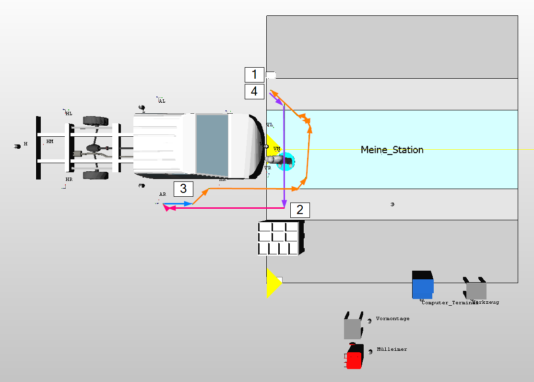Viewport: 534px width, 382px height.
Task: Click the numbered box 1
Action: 254,74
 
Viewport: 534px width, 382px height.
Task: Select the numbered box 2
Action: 300,210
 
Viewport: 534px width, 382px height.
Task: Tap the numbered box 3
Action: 183,189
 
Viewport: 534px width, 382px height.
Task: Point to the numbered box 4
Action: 254,91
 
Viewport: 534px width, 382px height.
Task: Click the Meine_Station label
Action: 392,150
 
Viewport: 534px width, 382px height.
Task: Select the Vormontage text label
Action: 392,319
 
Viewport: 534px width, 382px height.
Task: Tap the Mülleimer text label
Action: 392,349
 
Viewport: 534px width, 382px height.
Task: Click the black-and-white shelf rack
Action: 281,238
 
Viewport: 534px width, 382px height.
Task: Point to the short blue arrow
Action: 178,204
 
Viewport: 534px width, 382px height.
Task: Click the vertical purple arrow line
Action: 285,154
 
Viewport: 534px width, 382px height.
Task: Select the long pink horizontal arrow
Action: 225,208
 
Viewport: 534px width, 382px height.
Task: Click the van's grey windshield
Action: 212,144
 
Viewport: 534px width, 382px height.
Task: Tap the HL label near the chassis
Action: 69,114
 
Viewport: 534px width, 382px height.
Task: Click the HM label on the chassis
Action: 50,142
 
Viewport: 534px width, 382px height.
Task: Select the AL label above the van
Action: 162,101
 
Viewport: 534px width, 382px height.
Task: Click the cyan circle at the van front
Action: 287,161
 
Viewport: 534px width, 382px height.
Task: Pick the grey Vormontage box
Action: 352,328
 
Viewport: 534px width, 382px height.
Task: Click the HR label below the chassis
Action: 69,179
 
